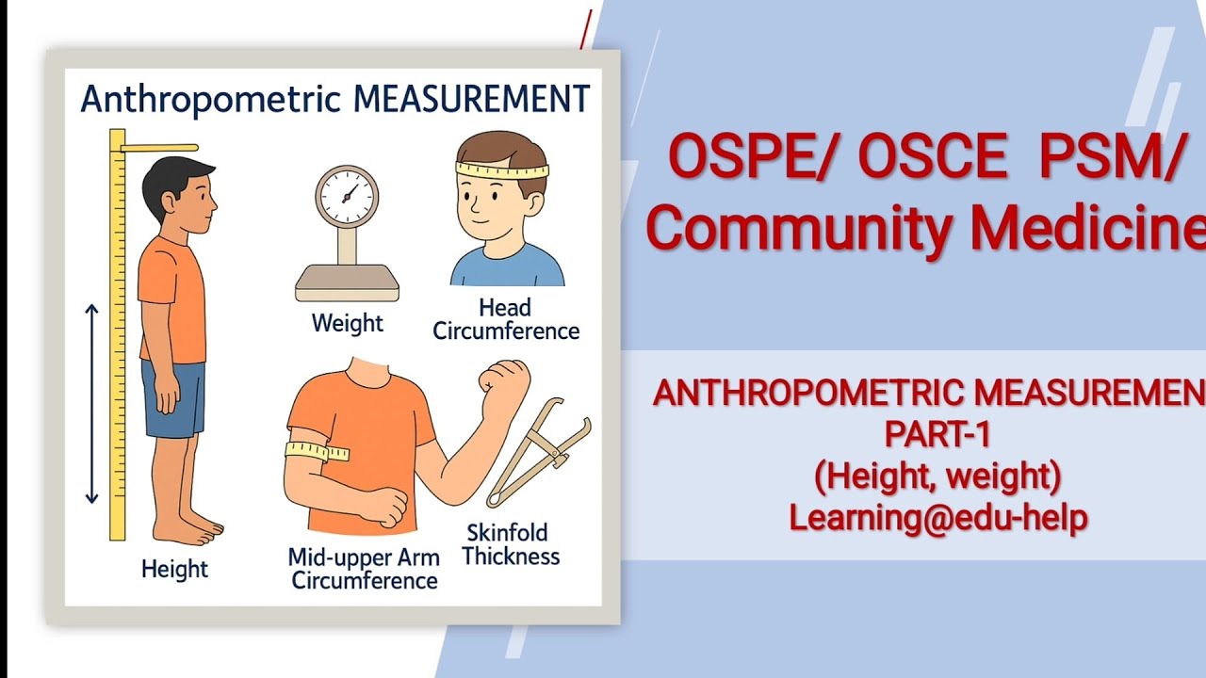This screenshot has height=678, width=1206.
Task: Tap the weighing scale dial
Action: coord(346,196)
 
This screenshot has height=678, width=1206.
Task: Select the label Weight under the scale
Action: coord(347,323)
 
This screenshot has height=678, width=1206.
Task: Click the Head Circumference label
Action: coord(505,319)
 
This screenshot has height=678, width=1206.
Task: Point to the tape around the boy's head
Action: coord(501,171)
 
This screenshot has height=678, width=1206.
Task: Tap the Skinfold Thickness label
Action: coord(511,544)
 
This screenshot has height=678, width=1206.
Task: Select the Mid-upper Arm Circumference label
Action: coord(364,569)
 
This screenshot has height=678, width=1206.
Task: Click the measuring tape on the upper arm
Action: coord(318,452)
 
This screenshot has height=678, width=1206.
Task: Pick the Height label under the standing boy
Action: coord(174,569)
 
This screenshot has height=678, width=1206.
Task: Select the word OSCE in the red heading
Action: coord(932,157)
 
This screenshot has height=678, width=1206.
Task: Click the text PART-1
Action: coord(937,434)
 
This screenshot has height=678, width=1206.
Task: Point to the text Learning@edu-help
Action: coord(937,517)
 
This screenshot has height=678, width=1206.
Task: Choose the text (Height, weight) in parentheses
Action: coord(937,476)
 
